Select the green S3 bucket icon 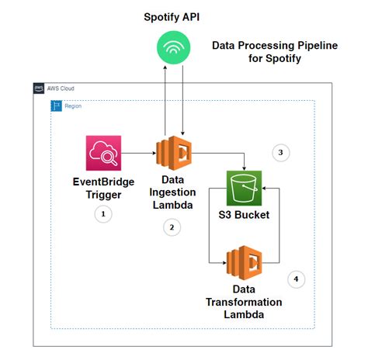click(x=245, y=188)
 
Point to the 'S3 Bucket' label click(x=245, y=214)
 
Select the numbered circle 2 click(x=172, y=227)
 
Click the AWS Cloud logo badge click(x=39, y=88)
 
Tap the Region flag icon click(x=55, y=104)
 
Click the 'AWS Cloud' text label click(x=61, y=88)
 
